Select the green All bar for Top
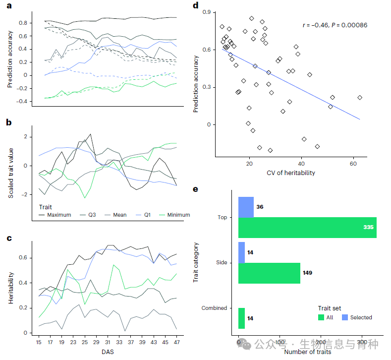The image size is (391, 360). pos(307,228)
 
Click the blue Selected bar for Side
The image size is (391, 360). pos(241,252)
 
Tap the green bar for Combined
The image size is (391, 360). pos(241,318)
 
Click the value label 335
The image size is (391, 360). pos(367,227)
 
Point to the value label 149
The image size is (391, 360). pos(307,273)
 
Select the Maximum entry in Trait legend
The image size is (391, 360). pos(59,215)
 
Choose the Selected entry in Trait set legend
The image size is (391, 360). pos(361,317)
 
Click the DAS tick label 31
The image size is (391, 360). pos(109,342)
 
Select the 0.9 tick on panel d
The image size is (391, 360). pos(206,12)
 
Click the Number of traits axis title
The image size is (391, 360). pos(307,352)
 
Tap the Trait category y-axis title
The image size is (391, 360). pos(196,262)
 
